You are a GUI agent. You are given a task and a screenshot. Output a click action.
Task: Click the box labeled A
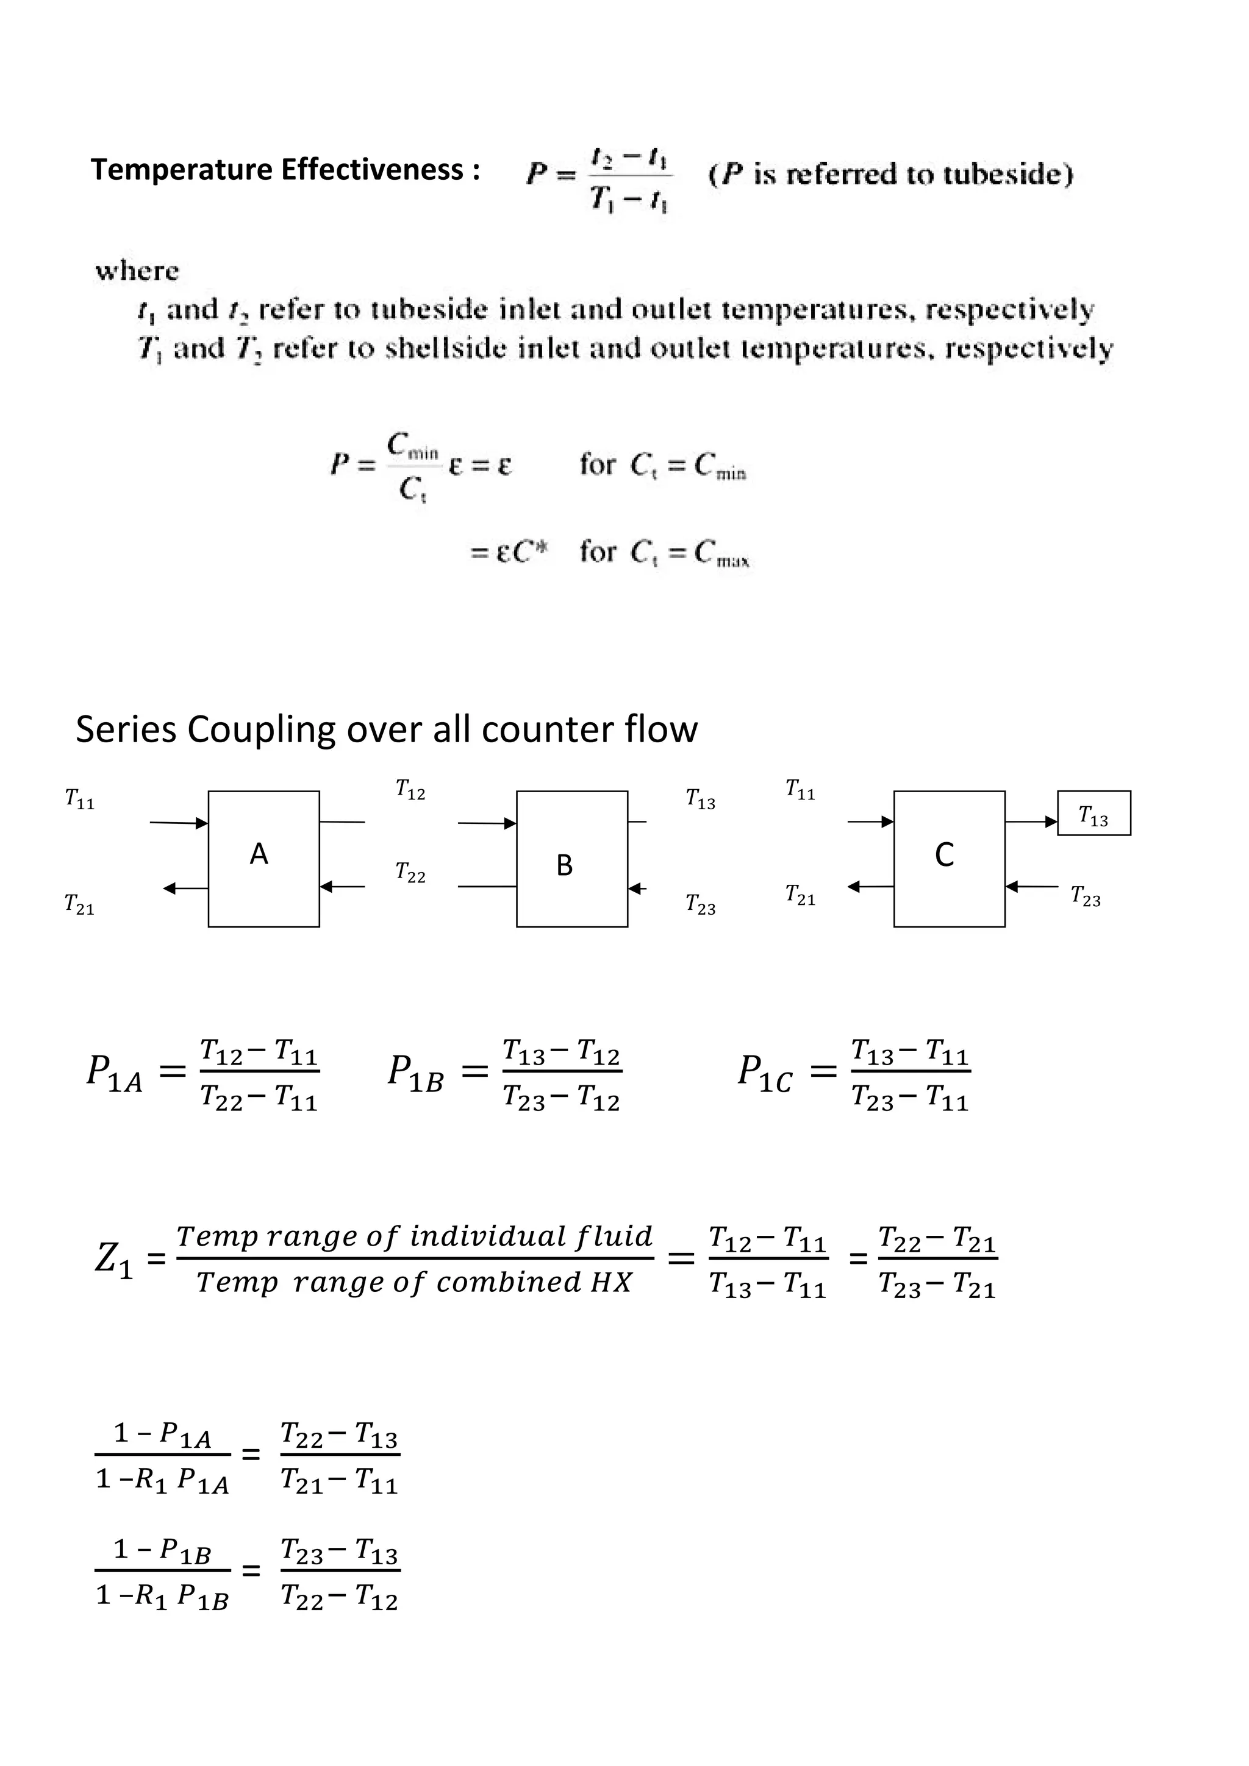pyautogui.click(x=263, y=859)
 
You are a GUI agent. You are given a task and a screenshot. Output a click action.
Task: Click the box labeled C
pyautogui.click(x=948, y=859)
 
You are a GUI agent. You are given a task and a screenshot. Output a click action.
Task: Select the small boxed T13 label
pyautogui.click(x=1093, y=814)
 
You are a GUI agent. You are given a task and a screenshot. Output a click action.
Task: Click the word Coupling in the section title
pyautogui.click(x=261, y=729)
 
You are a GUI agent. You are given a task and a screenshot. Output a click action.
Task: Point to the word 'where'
pyautogui.click(x=137, y=272)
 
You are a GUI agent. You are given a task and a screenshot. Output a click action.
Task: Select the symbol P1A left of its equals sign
pyautogui.click(x=115, y=1073)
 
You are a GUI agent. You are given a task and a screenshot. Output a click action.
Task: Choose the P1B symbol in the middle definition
pyautogui.click(x=415, y=1073)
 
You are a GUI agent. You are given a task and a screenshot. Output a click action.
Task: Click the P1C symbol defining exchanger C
pyautogui.click(x=764, y=1073)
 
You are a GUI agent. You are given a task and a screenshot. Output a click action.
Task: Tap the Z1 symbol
pyautogui.click(x=115, y=1260)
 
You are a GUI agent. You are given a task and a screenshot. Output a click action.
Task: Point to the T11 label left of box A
pyautogui.click(x=79, y=800)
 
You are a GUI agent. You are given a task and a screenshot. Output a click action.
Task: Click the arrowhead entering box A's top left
pyautogui.click(x=202, y=823)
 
